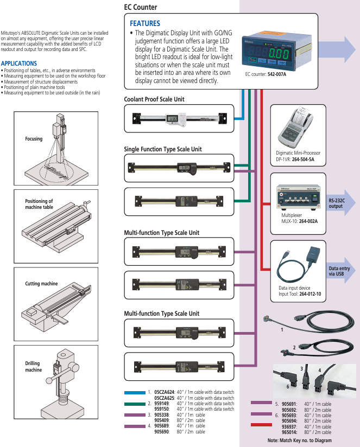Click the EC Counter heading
(141, 8)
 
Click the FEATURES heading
(144, 23)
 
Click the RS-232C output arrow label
(337, 203)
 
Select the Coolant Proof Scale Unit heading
(154, 99)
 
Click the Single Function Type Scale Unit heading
(163, 149)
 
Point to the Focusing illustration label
(34, 139)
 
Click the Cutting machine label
(41, 284)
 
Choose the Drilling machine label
(33, 367)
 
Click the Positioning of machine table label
(39, 204)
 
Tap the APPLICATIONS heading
(19, 63)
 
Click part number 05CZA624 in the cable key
(165, 392)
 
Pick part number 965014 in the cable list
(289, 432)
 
